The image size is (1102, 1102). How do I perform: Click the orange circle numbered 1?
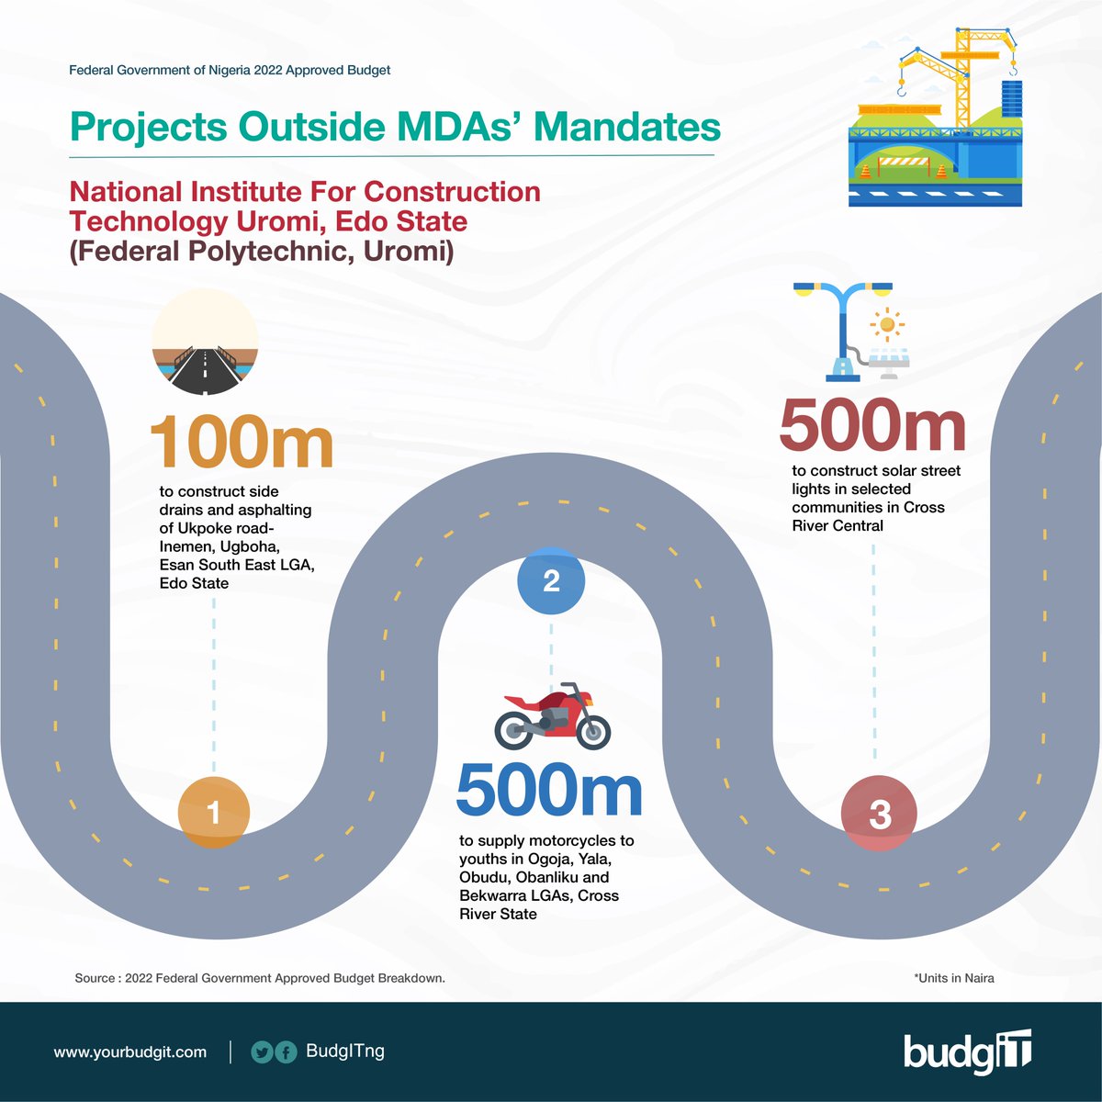(x=213, y=813)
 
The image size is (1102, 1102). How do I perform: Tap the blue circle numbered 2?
(x=551, y=580)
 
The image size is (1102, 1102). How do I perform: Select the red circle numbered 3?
(x=879, y=814)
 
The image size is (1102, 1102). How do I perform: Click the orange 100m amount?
(x=242, y=442)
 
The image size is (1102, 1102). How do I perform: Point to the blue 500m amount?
(x=549, y=791)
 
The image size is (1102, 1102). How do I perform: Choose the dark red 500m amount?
(x=872, y=426)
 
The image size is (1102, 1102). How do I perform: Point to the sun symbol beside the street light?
(x=887, y=324)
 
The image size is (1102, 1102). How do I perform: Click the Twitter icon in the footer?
(x=263, y=1052)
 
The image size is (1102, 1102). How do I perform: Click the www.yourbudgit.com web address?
(x=130, y=1052)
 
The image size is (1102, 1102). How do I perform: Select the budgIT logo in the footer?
(x=967, y=1052)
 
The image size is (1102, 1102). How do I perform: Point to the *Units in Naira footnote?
(x=953, y=978)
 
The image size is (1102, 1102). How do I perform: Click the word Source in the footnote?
(x=95, y=978)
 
